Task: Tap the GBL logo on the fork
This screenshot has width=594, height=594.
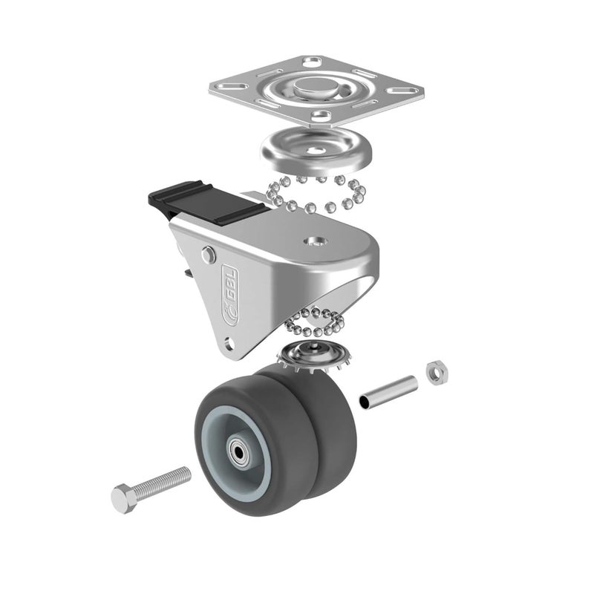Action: (x=229, y=294)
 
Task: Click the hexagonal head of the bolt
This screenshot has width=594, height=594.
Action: (x=124, y=498)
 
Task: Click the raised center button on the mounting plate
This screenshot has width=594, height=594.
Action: (x=316, y=88)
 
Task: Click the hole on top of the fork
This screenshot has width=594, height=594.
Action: (x=316, y=241)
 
